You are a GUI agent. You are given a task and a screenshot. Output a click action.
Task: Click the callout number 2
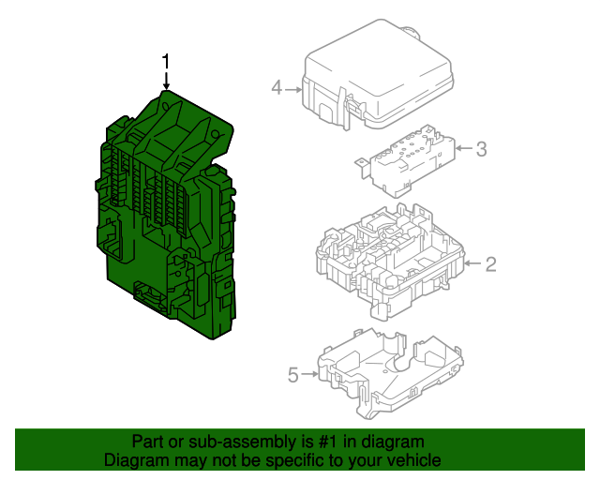(x=489, y=264)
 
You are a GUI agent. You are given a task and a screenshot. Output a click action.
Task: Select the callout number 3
(x=481, y=148)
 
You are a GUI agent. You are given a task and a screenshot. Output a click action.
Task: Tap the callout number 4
(x=277, y=89)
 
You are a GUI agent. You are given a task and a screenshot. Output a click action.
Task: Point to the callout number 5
(x=292, y=375)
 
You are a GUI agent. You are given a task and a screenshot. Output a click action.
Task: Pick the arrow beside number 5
(x=310, y=375)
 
